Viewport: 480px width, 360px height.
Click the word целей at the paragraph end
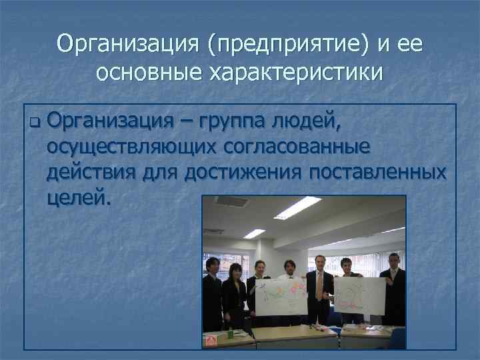(x=77, y=198)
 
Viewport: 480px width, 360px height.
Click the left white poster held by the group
(x=279, y=295)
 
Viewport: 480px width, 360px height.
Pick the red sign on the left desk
(x=211, y=341)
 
